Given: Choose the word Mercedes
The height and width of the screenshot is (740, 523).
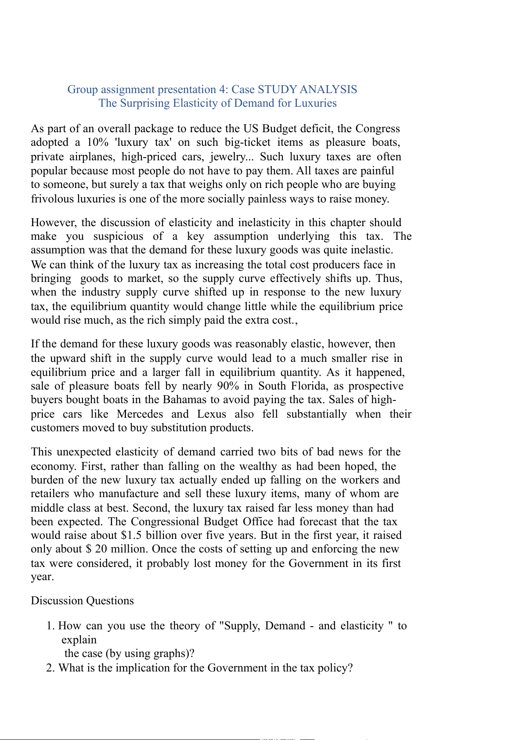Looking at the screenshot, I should [140, 414].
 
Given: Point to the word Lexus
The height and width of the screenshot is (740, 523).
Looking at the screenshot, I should [212, 414].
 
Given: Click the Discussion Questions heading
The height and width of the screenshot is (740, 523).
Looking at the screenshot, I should [82, 601].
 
